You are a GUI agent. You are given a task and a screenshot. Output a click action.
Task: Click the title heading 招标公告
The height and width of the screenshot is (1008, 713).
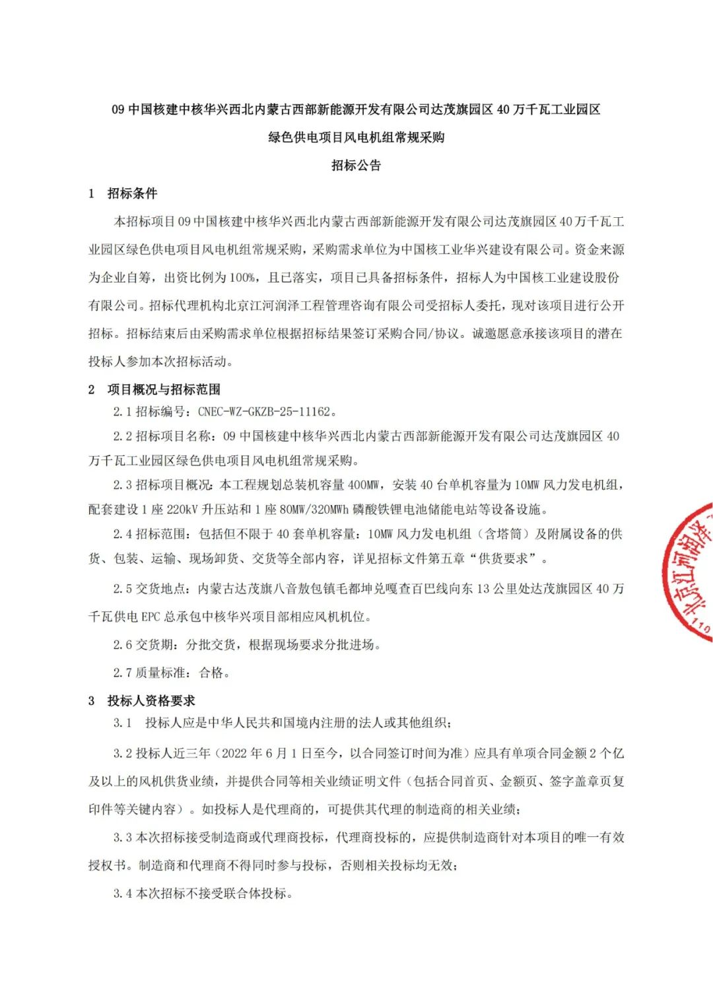pyautogui.click(x=356, y=166)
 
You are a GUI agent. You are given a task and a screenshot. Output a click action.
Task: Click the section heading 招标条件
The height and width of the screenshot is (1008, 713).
pyautogui.click(x=132, y=193)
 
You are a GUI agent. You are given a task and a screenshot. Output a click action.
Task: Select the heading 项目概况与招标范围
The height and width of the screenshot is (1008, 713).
pyautogui.click(x=164, y=389)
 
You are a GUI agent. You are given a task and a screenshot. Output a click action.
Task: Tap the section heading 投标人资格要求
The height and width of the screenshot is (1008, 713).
pyautogui.click(x=151, y=700)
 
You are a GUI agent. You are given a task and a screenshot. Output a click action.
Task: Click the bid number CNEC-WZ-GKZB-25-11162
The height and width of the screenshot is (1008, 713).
pyautogui.click(x=264, y=412)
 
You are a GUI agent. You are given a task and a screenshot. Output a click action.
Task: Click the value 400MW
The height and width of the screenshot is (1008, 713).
pyautogui.click(x=363, y=485)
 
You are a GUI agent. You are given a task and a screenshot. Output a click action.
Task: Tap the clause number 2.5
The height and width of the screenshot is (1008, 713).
pyautogui.click(x=122, y=589)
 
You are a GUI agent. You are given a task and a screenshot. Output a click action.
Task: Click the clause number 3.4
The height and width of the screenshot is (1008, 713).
pyautogui.click(x=122, y=894)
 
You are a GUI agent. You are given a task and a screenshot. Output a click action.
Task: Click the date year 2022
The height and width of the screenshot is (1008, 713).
pyautogui.click(x=234, y=753)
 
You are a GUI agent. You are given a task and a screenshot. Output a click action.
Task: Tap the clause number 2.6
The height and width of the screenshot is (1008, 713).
pyautogui.click(x=122, y=645)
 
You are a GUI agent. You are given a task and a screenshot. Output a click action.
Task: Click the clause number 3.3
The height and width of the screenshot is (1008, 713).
pyautogui.click(x=122, y=838)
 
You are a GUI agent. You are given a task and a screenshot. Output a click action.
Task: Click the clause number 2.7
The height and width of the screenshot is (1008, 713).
pyautogui.click(x=122, y=673)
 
